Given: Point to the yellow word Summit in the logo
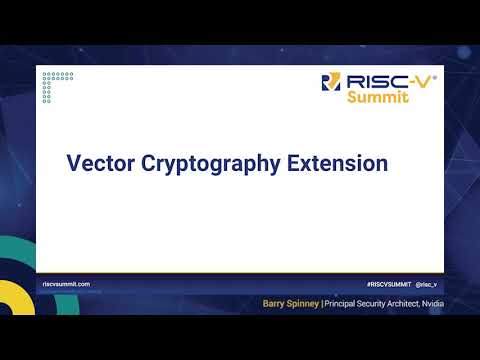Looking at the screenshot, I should pyautogui.click(x=377, y=98).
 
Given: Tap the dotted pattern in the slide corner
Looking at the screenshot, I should pyautogui.click(x=58, y=84).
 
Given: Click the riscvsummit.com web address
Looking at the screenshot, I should pyautogui.click(x=67, y=284).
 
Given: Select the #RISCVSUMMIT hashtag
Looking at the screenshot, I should pyautogui.click(x=387, y=284).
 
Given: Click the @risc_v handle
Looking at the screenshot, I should pyautogui.click(x=428, y=284).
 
